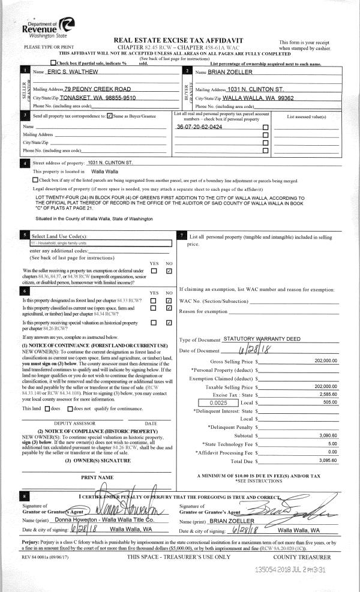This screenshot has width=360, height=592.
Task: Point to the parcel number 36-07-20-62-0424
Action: (x=199, y=128)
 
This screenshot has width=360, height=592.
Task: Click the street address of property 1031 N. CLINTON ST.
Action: (x=113, y=163)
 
